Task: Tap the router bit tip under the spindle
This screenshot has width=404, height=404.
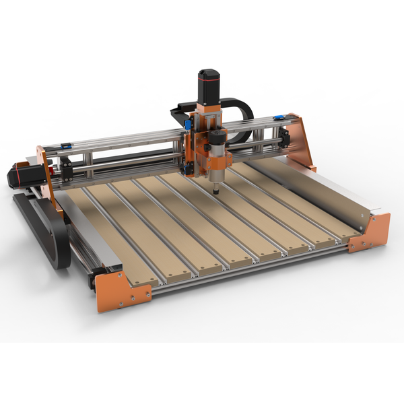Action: pyautogui.click(x=215, y=191)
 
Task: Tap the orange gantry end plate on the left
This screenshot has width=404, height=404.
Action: pyautogui.click(x=45, y=172)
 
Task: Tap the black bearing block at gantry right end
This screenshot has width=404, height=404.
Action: pyautogui.click(x=285, y=139)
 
